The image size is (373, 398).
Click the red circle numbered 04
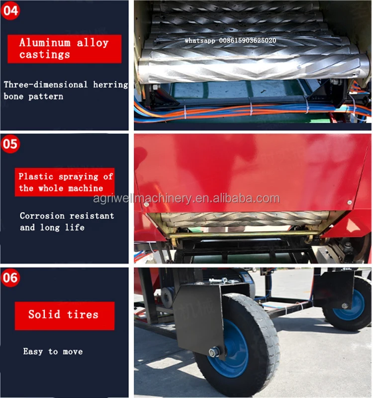(10, 10)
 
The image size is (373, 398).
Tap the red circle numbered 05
(10, 145)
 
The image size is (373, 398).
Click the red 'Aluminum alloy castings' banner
(64, 48)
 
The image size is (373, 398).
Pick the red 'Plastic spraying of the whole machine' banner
(66, 182)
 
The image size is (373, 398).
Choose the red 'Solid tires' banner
(64, 315)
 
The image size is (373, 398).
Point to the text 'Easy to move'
(53, 352)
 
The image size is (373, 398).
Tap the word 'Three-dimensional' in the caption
(46, 85)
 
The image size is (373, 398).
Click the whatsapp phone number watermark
(230, 40)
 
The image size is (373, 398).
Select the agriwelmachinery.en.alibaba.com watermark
(186, 199)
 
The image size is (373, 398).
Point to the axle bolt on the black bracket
(214, 352)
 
